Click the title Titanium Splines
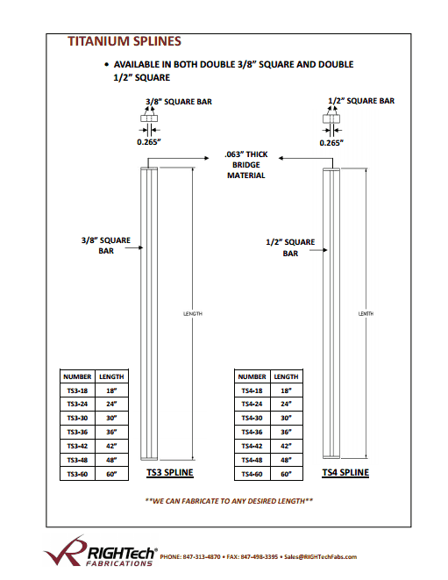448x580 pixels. point(124,41)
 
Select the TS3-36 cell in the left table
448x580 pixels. point(77,432)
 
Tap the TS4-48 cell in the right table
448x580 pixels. point(252,460)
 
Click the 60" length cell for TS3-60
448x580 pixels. point(111,474)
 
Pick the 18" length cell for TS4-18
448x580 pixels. point(286,390)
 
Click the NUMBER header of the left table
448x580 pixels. point(77,376)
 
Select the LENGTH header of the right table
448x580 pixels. point(286,376)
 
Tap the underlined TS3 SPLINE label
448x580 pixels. point(170,473)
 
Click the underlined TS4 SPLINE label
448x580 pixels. point(345,473)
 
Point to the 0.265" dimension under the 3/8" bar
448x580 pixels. point(149,142)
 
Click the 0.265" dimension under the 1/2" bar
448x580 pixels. point(331,143)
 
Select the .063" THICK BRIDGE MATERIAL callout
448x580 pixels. point(246,165)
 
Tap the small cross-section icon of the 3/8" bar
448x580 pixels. point(149,118)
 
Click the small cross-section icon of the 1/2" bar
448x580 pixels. point(331,118)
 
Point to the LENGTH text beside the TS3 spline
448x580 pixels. point(193,313)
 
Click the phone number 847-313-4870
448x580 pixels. point(202,556)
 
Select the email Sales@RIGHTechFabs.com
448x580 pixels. point(321,556)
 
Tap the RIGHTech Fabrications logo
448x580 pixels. point(101,551)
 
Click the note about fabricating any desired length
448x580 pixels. point(229,501)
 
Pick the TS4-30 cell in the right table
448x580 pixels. point(252,418)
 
